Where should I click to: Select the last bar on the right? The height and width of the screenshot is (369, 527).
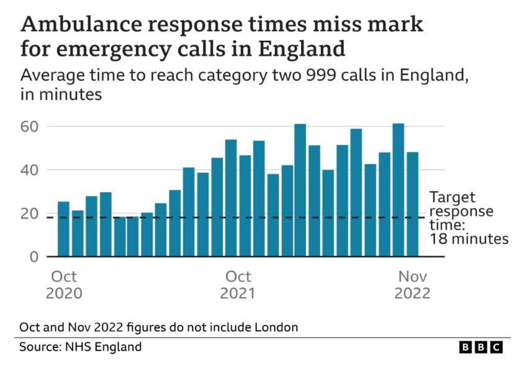coord(412,204)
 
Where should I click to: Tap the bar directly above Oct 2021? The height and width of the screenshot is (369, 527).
coord(231,198)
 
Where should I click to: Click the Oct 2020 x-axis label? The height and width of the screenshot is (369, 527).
coord(64,285)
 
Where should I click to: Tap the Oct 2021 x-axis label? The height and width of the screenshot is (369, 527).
coord(238,285)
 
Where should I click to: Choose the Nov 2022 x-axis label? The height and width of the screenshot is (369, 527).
coord(412,285)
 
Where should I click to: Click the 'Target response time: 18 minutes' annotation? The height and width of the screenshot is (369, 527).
coord(469,218)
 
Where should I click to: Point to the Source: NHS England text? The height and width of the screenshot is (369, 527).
coord(81,347)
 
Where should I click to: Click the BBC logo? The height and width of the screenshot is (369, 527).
coord(480,347)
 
